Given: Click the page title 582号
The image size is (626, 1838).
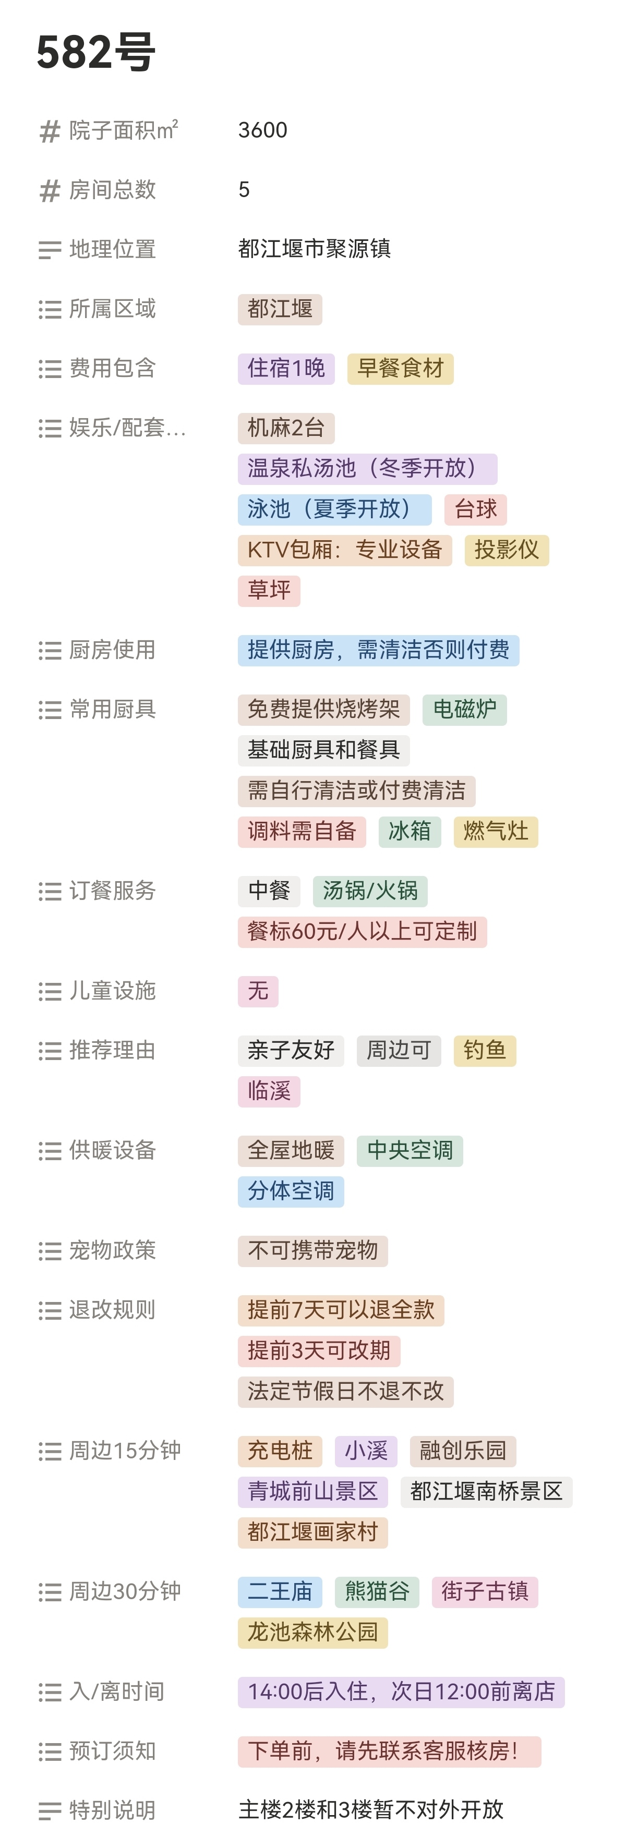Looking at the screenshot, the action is point(95,52).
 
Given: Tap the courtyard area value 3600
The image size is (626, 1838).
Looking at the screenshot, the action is point(263,130).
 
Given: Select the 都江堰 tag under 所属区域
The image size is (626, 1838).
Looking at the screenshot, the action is point(280,309).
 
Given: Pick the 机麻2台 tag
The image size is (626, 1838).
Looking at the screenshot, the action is point(285,428).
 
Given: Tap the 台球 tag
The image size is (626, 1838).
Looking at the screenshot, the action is point(475,509).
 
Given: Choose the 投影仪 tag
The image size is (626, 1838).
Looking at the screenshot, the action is point(506,550).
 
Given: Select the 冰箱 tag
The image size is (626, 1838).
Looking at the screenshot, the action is point(409,831).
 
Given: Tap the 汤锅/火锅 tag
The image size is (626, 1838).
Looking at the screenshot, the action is point(370,891).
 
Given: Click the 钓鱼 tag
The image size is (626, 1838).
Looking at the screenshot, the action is point(485,1050).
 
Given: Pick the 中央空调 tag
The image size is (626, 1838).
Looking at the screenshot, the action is point(410,1150).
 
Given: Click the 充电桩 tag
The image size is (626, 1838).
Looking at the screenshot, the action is point(280,1451).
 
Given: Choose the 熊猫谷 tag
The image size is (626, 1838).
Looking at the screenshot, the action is point(377,1591).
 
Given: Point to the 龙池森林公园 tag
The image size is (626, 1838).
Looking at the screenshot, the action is point(312,1632).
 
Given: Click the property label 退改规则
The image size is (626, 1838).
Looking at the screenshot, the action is point(112,1310).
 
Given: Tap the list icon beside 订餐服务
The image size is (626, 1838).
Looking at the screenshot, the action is point(49,891).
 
